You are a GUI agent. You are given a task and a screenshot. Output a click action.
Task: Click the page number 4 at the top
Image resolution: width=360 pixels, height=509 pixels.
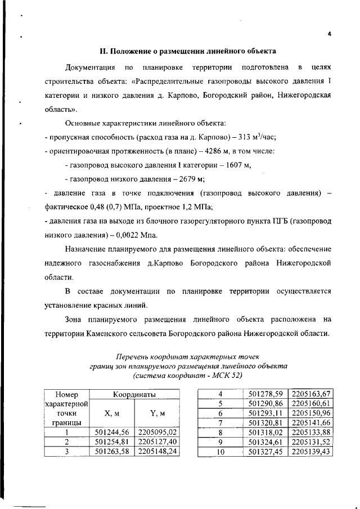click(329, 34)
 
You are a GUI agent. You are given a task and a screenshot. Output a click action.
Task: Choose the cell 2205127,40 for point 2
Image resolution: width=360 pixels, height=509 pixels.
click(157, 442)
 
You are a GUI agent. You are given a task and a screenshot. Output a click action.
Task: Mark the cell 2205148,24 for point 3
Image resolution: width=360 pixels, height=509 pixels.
click(157, 451)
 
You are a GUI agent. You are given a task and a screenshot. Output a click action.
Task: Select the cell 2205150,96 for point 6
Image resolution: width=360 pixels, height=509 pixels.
click(311, 413)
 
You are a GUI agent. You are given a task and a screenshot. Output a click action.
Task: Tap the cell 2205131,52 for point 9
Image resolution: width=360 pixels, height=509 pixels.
click(311, 442)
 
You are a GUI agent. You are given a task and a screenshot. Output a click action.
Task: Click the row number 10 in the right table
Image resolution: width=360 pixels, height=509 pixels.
click(220, 452)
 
